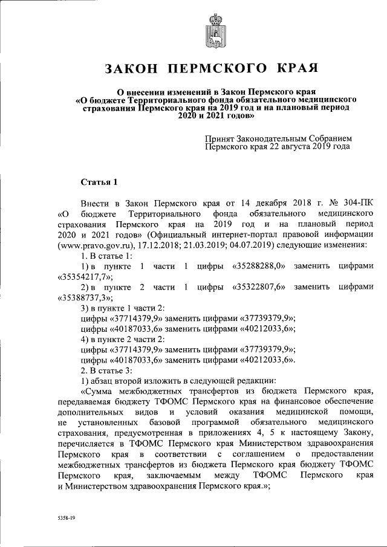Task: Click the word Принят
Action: point(220,138)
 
